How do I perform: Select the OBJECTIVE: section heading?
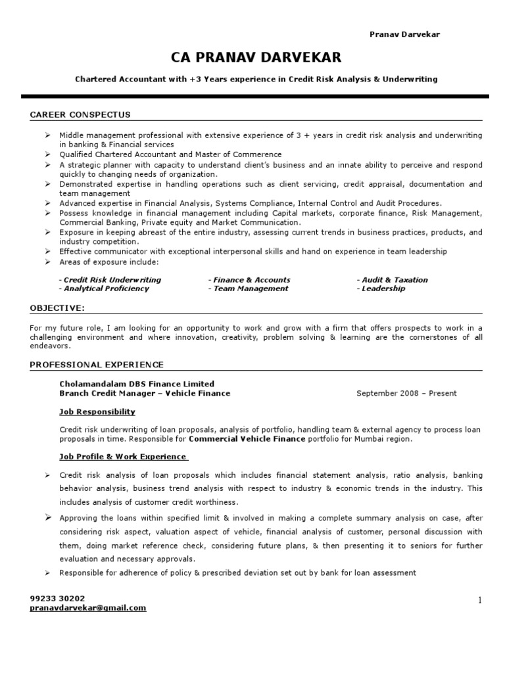[x=57, y=308]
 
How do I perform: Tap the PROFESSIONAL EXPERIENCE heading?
[x=97, y=365]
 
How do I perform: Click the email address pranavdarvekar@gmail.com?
[x=88, y=608]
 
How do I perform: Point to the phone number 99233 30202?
[x=57, y=599]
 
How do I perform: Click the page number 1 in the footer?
[x=480, y=600]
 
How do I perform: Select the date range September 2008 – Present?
[x=406, y=394]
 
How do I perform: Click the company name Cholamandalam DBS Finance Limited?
[x=136, y=384]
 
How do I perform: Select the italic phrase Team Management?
[x=251, y=289]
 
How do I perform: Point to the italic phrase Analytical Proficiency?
[x=105, y=289]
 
